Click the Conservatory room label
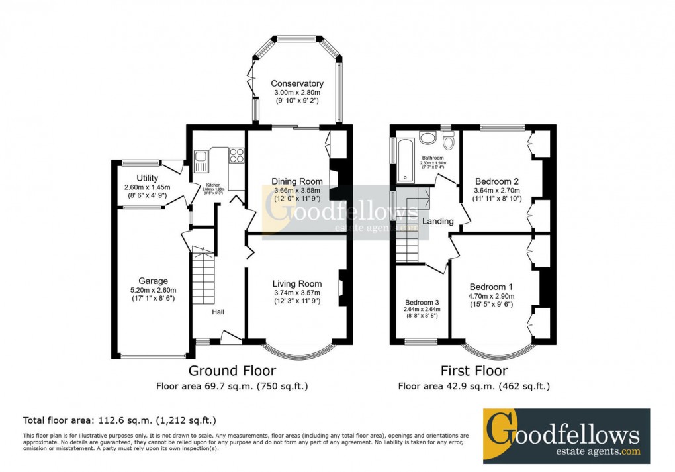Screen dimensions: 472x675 point(297,84)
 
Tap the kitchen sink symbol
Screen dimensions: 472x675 point(201,157)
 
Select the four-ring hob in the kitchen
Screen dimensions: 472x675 point(236,156)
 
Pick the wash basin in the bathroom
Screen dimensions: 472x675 point(428,138)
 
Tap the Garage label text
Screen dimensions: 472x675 point(153,281)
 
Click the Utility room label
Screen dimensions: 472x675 point(148,178)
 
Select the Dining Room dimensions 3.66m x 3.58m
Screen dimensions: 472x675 point(297,191)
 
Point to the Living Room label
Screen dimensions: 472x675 point(297,284)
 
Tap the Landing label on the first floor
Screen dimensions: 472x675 point(438,221)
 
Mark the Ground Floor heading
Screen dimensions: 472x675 point(232,371)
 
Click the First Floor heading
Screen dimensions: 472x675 point(474,371)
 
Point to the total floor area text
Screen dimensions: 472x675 point(120,420)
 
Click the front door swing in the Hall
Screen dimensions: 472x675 point(230,337)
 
